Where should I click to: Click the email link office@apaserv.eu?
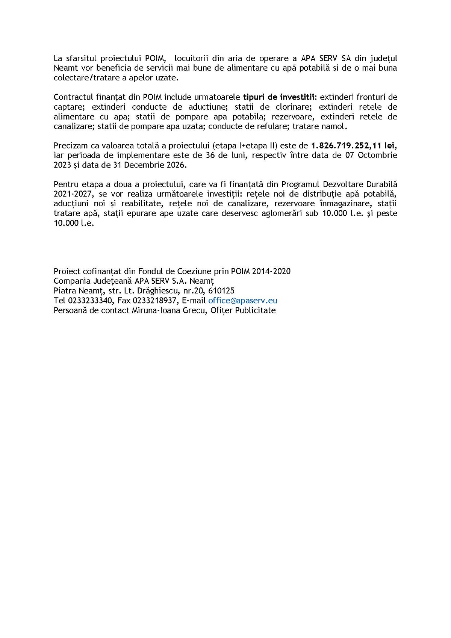(x=243, y=301)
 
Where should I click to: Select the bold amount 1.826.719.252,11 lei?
(x=354, y=146)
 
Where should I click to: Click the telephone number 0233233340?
(x=90, y=301)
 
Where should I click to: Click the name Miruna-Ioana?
(x=155, y=310)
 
